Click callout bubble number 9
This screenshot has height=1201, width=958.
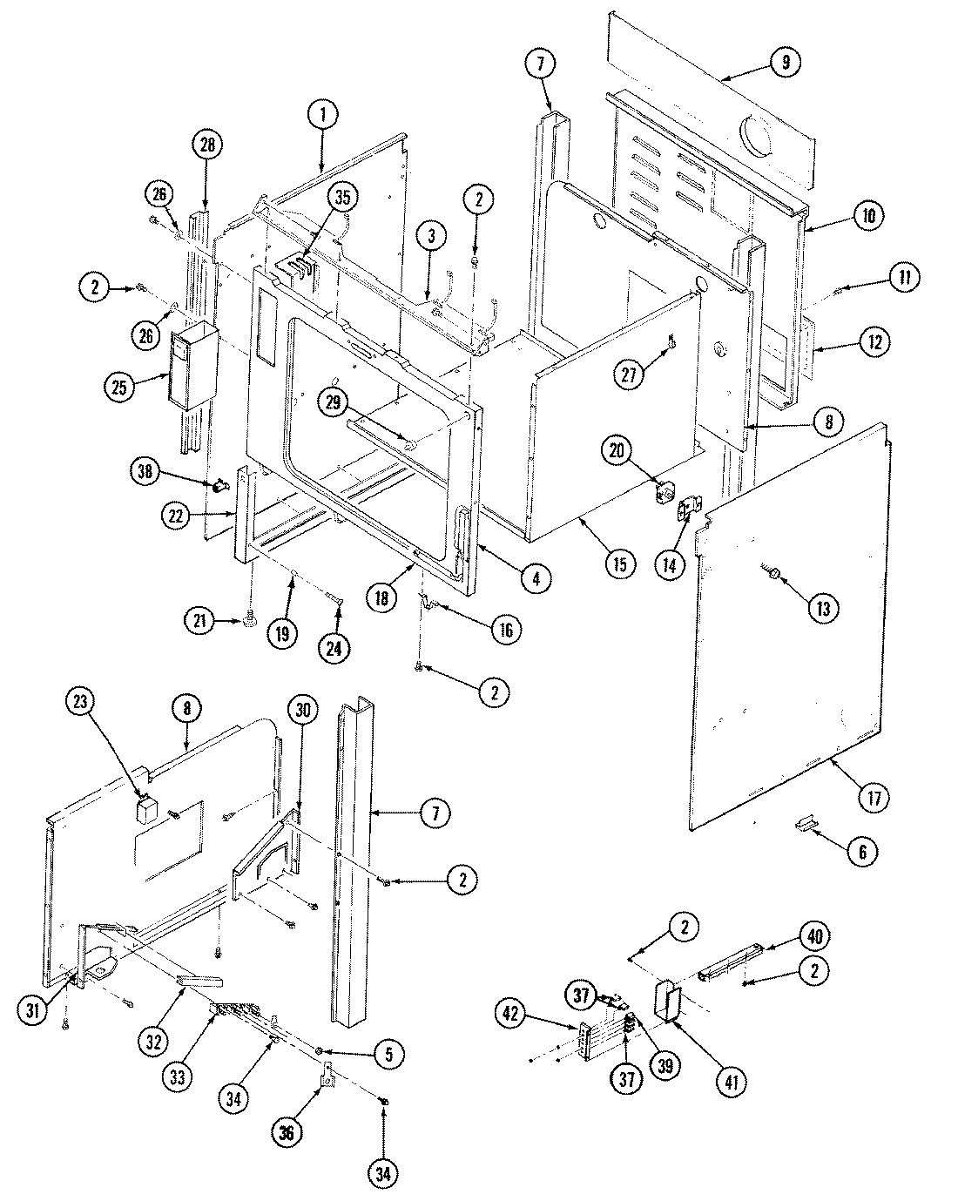[785, 62]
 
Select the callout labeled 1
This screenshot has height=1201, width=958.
[322, 113]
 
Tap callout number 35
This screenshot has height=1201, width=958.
[342, 197]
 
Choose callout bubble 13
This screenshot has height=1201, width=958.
[822, 607]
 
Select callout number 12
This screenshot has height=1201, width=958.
[873, 342]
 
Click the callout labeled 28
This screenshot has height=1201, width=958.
[207, 145]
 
